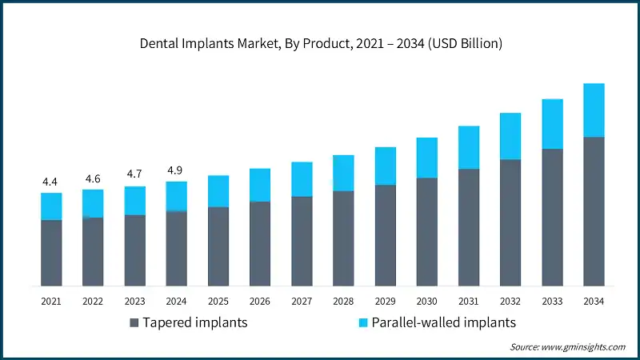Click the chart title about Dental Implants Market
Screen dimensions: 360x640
pyautogui.click(x=320, y=44)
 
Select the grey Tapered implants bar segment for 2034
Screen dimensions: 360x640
pyautogui.click(x=593, y=211)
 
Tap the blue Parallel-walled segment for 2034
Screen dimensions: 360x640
pyautogui.click(x=593, y=110)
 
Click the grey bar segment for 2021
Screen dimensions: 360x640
pyautogui.click(x=51, y=253)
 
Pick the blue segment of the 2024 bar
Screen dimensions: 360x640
pyautogui.click(x=176, y=196)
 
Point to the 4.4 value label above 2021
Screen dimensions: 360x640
pyautogui.click(x=51, y=182)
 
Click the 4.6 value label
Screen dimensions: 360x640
pyautogui.click(x=93, y=178)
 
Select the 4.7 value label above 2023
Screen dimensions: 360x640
pyautogui.click(x=134, y=174)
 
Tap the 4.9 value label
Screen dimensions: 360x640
pyautogui.click(x=176, y=170)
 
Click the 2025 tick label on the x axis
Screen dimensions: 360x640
pyautogui.click(x=218, y=301)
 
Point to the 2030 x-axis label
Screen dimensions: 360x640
pyautogui.click(x=426, y=301)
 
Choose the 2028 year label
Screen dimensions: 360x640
pyautogui.click(x=343, y=301)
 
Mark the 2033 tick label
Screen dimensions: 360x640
pyautogui.click(x=551, y=301)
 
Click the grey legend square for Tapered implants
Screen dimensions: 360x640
pyautogui.click(x=134, y=323)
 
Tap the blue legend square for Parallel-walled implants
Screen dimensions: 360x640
pyautogui.click(x=362, y=323)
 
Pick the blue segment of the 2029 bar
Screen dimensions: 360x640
pyautogui.click(x=385, y=166)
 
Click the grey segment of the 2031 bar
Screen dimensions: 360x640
pyautogui.click(x=468, y=227)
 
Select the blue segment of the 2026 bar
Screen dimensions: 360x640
pyautogui.click(x=259, y=185)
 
